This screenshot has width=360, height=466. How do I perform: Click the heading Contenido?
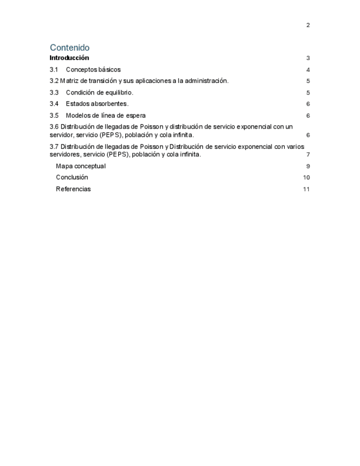69,48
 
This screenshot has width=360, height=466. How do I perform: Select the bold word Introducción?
69,58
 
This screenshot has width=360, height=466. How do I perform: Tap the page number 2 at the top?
308,25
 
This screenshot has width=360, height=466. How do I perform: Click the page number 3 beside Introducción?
308,58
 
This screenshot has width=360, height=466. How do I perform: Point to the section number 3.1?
53,70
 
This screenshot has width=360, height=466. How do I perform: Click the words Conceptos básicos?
93,70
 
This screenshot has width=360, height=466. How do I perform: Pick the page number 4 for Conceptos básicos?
308,70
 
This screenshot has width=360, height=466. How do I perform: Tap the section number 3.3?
53,92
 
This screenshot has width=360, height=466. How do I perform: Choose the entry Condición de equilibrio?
99,92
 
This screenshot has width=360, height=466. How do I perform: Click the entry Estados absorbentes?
97,104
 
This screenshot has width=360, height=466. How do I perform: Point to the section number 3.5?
53,115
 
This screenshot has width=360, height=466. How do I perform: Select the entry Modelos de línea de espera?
106,115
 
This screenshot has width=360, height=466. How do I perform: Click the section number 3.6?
54,126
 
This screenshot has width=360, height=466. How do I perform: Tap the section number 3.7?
54,147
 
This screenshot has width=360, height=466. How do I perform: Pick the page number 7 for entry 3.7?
308,154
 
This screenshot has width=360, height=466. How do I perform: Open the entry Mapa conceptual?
80,166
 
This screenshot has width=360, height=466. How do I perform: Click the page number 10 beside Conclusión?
306,177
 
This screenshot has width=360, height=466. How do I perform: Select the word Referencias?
73,189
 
